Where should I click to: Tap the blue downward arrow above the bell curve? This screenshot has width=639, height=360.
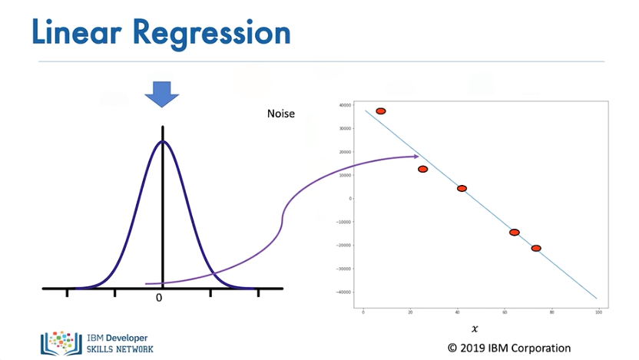(x=162, y=95)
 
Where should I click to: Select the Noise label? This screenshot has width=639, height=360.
(x=280, y=114)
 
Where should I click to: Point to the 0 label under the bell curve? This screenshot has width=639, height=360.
(x=159, y=298)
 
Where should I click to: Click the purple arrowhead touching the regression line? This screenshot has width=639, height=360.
(x=415, y=157)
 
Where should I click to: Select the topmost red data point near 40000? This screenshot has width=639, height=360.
(x=380, y=111)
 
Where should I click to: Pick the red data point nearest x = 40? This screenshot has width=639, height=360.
(x=462, y=188)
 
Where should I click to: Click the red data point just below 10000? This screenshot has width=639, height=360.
(x=422, y=169)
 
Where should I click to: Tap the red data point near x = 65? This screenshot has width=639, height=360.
(x=514, y=232)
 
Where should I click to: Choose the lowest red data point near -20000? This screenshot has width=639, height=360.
(x=536, y=248)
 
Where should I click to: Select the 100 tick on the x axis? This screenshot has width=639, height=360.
(x=598, y=312)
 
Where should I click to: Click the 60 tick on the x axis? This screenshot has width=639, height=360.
(x=504, y=312)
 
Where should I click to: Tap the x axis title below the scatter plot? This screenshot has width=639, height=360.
(x=475, y=329)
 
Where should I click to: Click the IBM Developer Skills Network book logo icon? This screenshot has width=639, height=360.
(x=60, y=343)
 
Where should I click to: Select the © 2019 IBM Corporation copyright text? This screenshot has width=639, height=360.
(x=509, y=348)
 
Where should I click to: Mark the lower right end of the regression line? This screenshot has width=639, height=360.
(x=596, y=298)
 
